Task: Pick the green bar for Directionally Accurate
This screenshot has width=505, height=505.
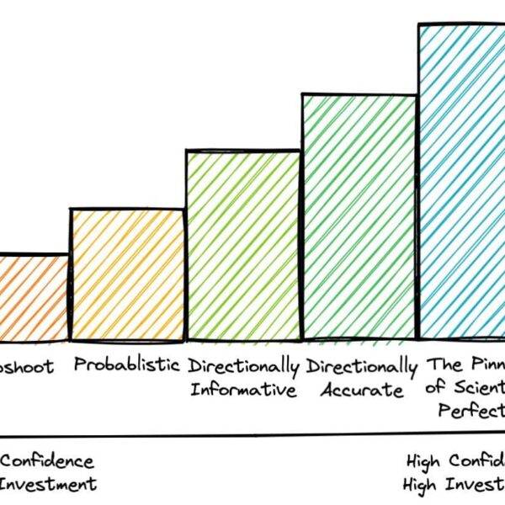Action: [359, 216]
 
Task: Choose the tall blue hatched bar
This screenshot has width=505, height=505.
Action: [462, 181]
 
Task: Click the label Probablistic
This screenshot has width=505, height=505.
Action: [127, 365]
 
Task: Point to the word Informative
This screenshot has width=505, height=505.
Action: [243, 390]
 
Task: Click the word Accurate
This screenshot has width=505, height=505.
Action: [362, 390]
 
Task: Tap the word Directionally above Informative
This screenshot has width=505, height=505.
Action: [244, 366]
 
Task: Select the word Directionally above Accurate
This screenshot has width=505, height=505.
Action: [362, 366]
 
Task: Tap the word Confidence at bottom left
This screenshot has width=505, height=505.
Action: [47, 461]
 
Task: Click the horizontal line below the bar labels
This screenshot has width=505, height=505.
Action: [252, 437]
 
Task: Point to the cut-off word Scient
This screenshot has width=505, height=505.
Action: [476, 389]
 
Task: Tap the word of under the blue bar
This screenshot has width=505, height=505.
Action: [437, 389]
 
